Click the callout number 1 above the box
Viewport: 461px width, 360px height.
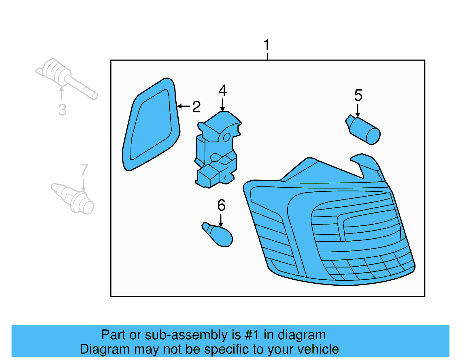pos(267,45)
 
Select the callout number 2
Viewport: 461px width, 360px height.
pos(197,107)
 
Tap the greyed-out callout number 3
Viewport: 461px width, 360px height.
pos(62,110)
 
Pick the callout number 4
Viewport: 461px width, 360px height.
pos(222,91)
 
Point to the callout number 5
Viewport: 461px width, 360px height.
pos(358,95)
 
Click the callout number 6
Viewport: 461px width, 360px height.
pos(221,206)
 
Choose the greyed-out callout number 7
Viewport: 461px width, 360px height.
pos(84,170)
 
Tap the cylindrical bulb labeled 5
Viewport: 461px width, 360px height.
pos(364,131)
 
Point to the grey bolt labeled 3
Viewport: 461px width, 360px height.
pos(66,78)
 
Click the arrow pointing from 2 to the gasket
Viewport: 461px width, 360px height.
pos(184,106)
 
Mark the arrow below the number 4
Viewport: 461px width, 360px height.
pos(222,105)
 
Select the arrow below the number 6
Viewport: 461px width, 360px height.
pos(221,220)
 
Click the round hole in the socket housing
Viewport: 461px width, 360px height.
pos(227,137)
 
